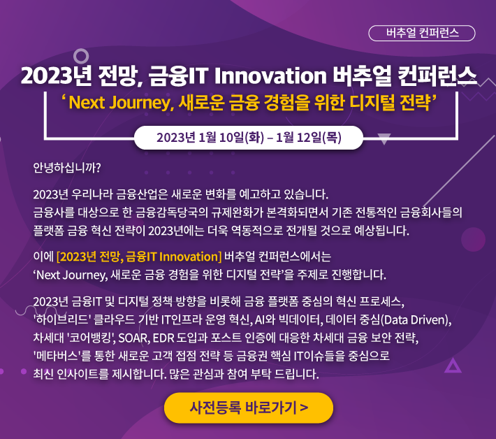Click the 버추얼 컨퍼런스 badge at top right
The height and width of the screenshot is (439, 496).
422,34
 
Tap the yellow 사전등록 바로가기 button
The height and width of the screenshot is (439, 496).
249,408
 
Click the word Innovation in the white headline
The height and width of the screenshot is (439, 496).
270,76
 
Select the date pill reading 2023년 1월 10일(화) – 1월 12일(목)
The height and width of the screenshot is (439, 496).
249,138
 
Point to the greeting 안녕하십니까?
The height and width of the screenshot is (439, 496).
67,168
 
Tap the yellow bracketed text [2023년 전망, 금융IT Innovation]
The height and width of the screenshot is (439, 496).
139,257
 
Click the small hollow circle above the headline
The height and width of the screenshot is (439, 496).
81,50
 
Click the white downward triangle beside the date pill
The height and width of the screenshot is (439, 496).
384,138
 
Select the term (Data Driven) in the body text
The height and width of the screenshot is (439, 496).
416,320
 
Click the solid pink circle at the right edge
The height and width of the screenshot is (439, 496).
473,240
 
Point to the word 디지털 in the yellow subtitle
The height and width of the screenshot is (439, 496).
372,103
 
